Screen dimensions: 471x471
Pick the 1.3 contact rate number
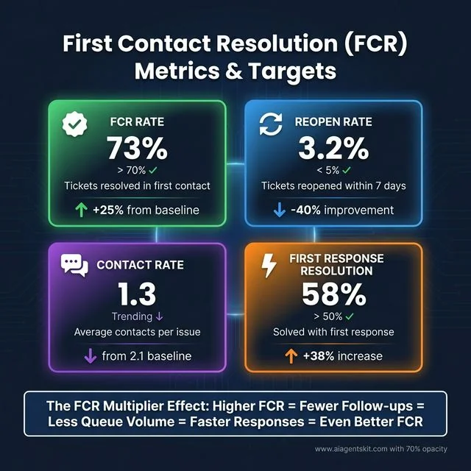(x=137, y=294)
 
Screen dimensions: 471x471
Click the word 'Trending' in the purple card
(x=131, y=316)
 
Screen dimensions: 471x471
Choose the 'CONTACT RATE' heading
(x=141, y=265)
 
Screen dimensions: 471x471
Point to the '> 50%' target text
(x=325, y=316)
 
